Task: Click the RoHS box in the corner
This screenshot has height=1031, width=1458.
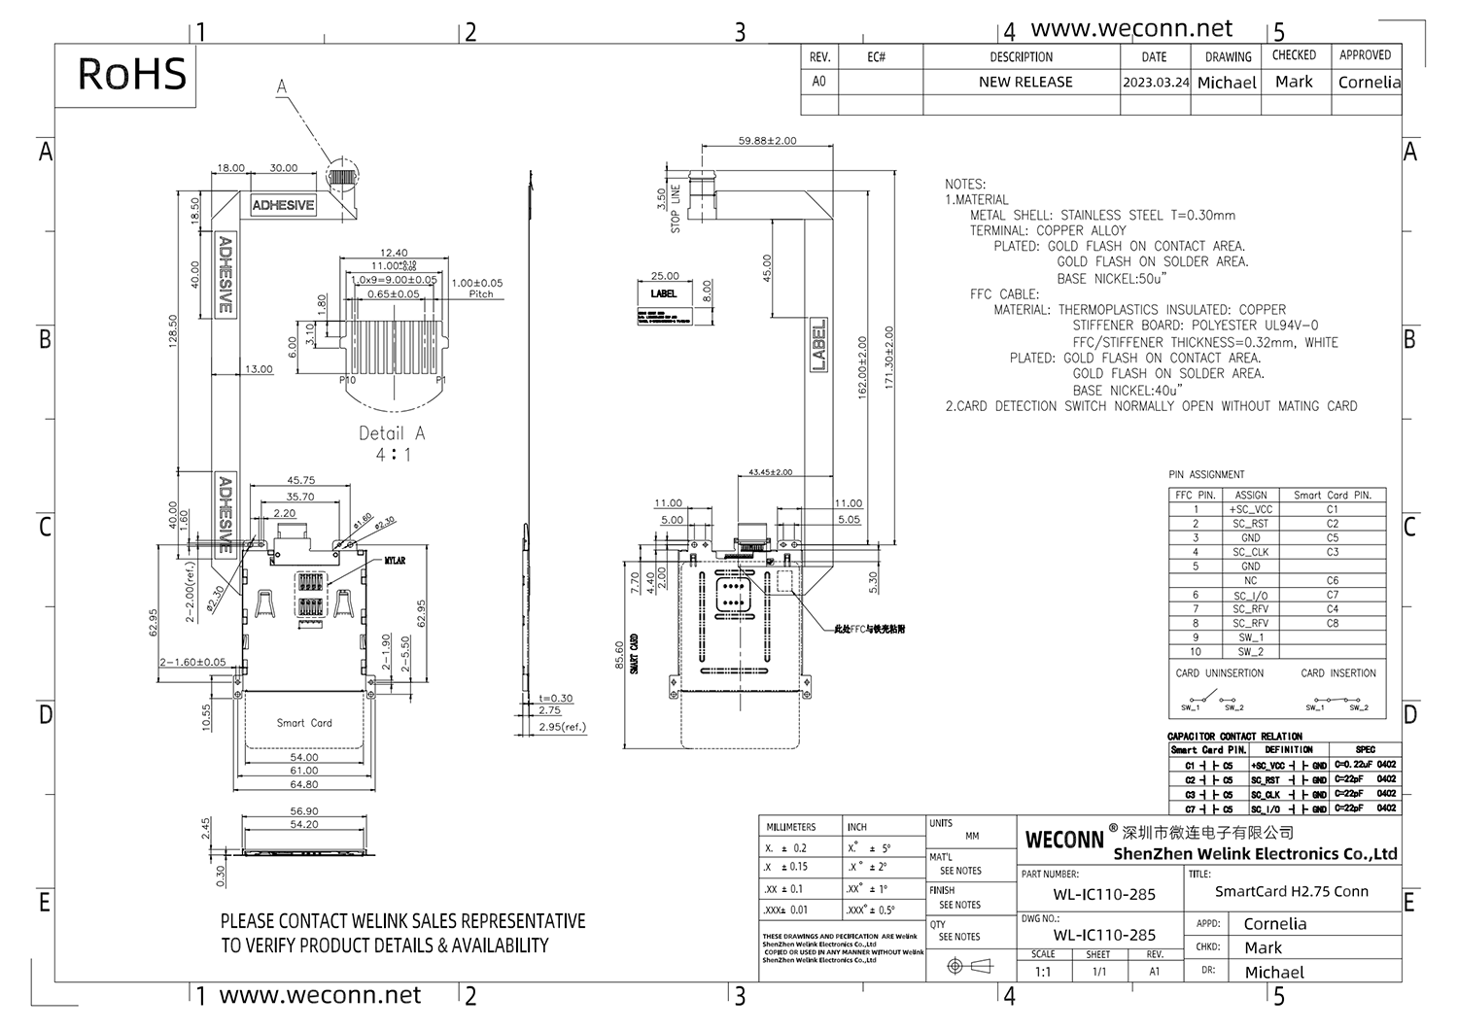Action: [x=131, y=75]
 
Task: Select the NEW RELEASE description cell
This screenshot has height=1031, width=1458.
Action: [x=1025, y=83]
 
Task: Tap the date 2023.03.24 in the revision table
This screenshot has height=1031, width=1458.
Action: [x=1155, y=83]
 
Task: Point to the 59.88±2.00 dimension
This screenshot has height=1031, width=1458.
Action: [x=767, y=141]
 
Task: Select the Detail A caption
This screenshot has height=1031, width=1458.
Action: [x=392, y=433]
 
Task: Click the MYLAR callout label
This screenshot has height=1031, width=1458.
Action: [x=395, y=561]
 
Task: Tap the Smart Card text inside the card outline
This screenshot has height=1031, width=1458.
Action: [x=304, y=723]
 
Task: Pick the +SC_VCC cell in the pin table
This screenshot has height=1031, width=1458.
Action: [x=1250, y=509]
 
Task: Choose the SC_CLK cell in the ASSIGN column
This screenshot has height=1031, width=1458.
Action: [x=1250, y=552]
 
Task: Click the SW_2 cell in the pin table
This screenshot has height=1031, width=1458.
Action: [x=1250, y=652]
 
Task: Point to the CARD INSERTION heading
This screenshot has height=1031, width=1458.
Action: [x=1338, y=673]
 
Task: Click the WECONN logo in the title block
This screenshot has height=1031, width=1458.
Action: [x=1064, y=840]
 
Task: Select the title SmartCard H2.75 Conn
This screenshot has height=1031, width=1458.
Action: [x=1291, y=891]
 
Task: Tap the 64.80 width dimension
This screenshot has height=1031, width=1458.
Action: [x=303, y=784]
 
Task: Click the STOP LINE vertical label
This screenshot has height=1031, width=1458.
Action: [x=675, y=209]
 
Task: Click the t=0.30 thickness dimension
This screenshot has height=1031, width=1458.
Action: [x=556, y=698]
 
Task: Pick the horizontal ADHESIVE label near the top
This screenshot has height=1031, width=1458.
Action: [x=283, y=206]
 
